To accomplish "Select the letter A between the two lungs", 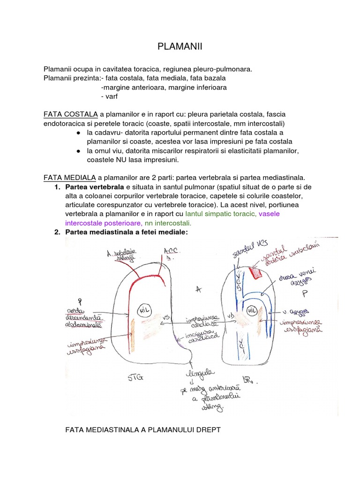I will [198, 291].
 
